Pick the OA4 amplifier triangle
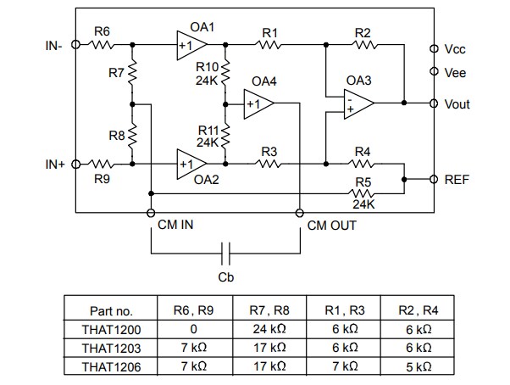coord(256,104)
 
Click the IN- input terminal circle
coord(75,46)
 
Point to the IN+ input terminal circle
coord(75,164)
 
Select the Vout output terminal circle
coord(434,103)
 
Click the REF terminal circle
coord(434,180)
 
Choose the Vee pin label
coord(455,73)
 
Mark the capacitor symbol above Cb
coord(225,253)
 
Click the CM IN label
coord(175,226)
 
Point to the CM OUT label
coord(331,226)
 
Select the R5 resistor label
coord(362,181)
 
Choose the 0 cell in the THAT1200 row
coord(193,329)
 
